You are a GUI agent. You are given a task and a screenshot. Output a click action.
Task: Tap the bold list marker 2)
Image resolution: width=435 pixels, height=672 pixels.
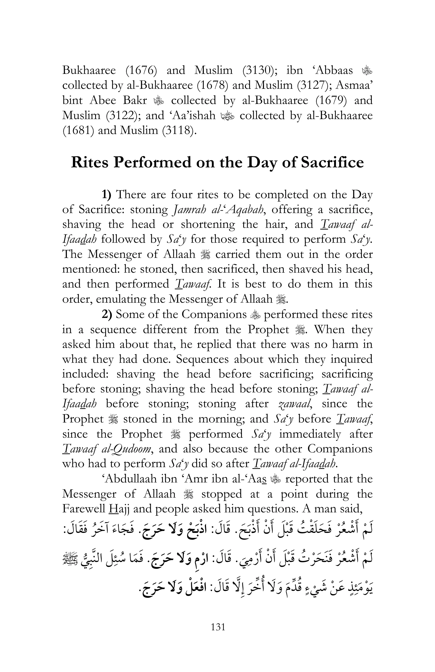107,314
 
